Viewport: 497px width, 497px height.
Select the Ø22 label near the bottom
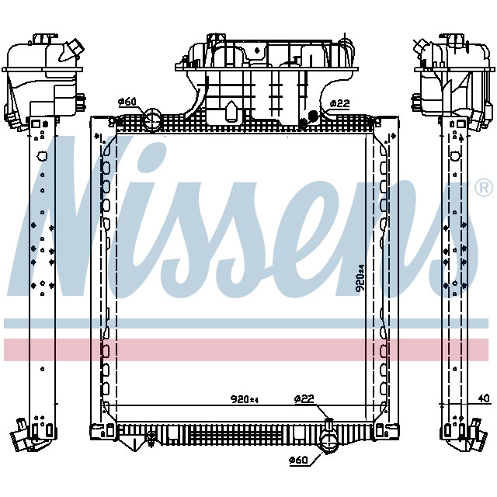click(304, 399)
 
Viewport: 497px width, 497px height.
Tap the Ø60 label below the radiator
click(299, 461)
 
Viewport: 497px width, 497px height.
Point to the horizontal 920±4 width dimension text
click(244, 400)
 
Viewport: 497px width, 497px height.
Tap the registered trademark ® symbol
click(483, 187)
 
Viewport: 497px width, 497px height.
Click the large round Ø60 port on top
click(153, 120)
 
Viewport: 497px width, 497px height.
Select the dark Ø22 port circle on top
click(313, 116)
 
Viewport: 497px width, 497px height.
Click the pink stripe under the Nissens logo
click(248, 349)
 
